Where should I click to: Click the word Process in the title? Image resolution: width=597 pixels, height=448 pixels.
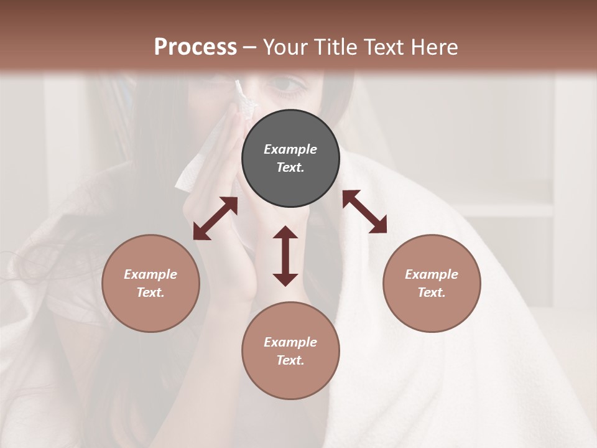tap(195, 47)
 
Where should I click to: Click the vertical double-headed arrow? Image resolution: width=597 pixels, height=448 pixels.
tap(285, 256)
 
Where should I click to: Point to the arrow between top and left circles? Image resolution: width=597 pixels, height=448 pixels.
tap(215, 218)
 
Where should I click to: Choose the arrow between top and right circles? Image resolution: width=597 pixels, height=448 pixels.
tap(364, 212)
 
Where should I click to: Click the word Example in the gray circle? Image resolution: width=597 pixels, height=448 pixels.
tap(290, 149)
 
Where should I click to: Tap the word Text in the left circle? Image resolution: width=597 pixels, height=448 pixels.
tap(150, 292)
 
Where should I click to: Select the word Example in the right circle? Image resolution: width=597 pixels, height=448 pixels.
tap(432, 274)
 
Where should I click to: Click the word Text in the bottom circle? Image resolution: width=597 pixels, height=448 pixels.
tap(290, 360)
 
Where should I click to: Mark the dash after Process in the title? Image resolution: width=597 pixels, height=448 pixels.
tap(250, 48)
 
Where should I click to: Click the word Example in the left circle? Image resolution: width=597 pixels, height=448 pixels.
tap(150, 274)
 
